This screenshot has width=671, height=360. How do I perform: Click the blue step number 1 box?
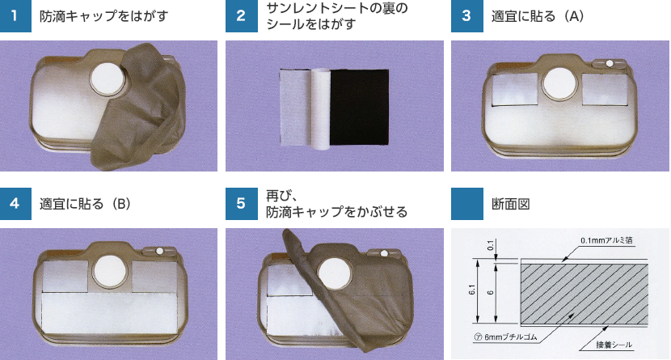15,16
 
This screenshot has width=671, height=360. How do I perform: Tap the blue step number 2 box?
242,16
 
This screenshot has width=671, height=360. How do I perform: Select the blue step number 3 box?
467,16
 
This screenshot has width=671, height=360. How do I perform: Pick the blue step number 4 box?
15,204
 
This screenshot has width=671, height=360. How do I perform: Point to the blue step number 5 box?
242,204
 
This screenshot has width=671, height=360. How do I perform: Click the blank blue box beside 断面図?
467,204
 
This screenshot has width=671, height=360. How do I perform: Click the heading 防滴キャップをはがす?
104,16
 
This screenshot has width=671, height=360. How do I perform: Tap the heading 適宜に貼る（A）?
538,16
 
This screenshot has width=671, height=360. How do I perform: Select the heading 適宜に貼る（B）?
85,204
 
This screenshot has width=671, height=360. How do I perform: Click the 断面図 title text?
510,204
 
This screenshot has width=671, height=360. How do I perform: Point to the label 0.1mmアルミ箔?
606,240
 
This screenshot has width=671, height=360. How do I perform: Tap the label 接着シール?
614,345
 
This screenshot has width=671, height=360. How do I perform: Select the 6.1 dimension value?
472,290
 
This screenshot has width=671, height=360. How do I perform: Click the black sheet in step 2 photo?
359,108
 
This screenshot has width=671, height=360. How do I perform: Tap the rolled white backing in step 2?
320,108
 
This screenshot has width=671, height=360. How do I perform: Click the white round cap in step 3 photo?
559,84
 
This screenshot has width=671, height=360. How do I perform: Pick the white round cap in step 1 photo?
108,78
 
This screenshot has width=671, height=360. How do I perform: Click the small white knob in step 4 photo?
159,252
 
